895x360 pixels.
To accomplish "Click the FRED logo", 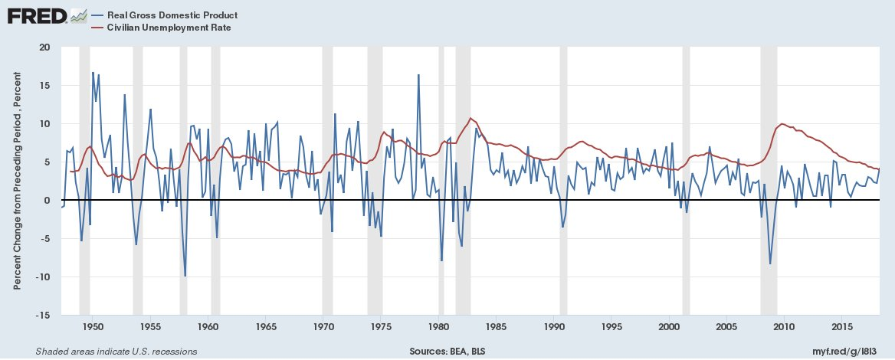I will pos(36,16).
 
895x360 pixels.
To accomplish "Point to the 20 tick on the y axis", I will pos(44,47).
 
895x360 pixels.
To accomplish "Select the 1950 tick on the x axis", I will pos(91,327).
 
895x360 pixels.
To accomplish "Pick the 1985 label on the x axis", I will pos(496,327).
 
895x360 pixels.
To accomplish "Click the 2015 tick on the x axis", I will pos(842,327).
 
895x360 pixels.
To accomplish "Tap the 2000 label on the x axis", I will pos(669,327).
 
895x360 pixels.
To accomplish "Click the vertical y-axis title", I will pos(17,181).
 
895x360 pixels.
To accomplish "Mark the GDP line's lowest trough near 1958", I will pos(185,276).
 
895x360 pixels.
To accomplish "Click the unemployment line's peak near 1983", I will pos(470,118).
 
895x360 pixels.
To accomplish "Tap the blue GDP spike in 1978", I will pos(418,75).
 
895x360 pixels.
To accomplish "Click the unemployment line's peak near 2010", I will pos(782,123).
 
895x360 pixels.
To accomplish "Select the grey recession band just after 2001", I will pos(686,181).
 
